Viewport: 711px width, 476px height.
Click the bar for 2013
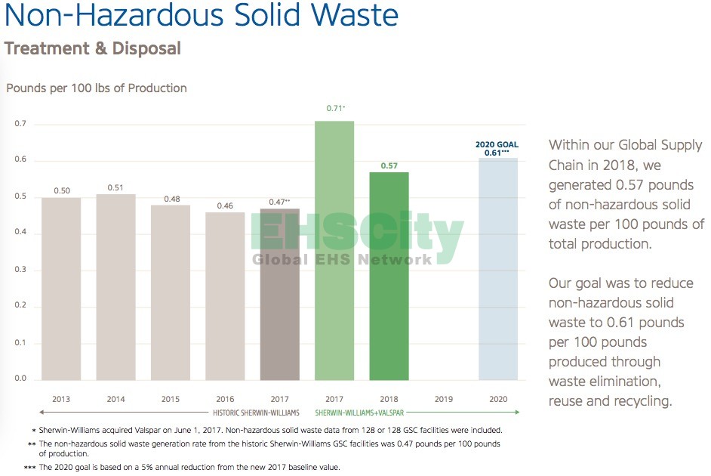[61, 288]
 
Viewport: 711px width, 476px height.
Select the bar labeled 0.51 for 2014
[116, 286]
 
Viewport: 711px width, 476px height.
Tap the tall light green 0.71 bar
[334, 250]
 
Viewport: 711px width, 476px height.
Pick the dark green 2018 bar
[389, 276]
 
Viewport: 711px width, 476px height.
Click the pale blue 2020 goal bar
[498, 268]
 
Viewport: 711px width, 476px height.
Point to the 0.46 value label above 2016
[225, 206]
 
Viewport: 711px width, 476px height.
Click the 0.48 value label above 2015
[171, 199]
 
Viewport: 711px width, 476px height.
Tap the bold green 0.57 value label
[389, 165]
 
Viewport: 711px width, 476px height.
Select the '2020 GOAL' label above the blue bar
[498, 144]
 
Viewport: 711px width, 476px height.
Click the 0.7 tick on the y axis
[20, 124]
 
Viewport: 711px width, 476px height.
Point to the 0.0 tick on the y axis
[20, 379]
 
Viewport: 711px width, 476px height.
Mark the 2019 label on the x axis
[444, 398]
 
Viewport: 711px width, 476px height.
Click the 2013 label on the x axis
[61, 398]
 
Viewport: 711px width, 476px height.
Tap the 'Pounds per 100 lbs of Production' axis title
[97, 88]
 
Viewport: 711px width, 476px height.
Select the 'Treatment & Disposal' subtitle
[93, 49]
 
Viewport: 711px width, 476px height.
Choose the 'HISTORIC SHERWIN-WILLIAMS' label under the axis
[257, 413]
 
